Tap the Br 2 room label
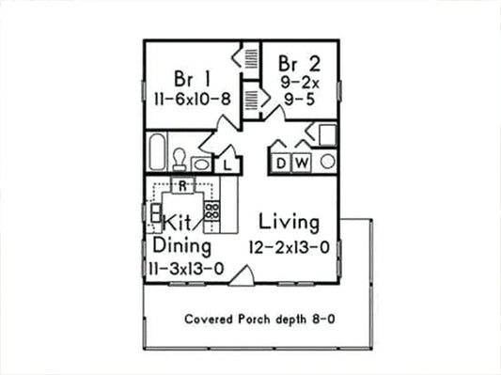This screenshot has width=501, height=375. [x=298, y=64]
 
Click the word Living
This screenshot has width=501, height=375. [x=290, y=224]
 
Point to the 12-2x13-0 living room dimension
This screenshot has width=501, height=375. [x=290, y=247]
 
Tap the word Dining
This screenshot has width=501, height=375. [x=182, y=246]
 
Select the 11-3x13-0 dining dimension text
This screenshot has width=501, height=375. [x=186, y=268]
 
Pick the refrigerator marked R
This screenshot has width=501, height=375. [x=185, y=185]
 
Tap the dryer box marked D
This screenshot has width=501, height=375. [x=281, y=164]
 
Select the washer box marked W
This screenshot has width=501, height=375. [x=302, y=164]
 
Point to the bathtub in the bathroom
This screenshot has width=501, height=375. [x=157, y=151]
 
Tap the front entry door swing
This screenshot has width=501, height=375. [x=243, y=274]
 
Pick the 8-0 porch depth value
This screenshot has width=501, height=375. [x=323, y=319]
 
